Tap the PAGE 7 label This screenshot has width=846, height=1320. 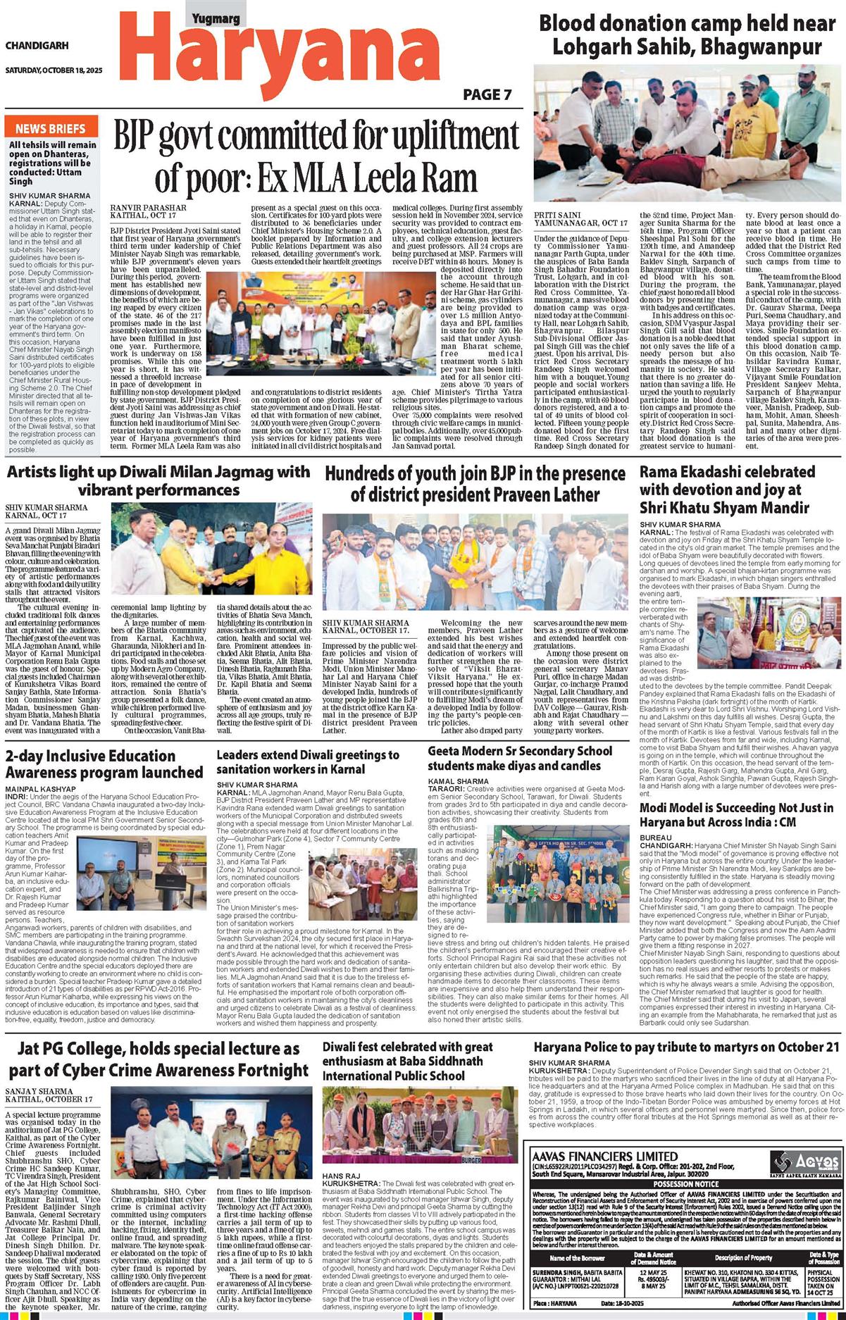487,95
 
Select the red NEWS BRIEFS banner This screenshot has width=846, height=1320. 50,128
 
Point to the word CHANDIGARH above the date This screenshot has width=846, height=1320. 37,46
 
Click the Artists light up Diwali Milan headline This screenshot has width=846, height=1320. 157,480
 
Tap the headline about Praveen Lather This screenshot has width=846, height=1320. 474,482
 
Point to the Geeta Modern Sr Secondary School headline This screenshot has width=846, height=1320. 520,758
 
